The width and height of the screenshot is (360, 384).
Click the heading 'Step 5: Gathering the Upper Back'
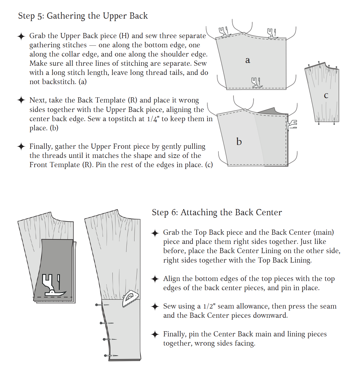coord(83,16)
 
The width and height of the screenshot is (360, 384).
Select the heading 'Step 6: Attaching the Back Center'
coord(217,213)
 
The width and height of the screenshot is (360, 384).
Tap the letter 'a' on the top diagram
coord(248,60)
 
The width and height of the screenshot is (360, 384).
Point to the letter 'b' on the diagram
coord(239,142)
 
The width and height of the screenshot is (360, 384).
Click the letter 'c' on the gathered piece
coord(326,95)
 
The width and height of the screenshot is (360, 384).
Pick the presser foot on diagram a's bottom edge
coord(256,82)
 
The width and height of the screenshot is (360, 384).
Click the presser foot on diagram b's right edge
coord(292,125)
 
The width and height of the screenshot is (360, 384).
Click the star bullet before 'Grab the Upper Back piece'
coord(21,36)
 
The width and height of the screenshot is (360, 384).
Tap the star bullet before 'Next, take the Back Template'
coord(21,100)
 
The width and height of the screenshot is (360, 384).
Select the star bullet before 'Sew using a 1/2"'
coord(155,306)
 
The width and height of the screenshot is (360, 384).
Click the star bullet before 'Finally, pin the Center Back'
coord(155,334)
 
